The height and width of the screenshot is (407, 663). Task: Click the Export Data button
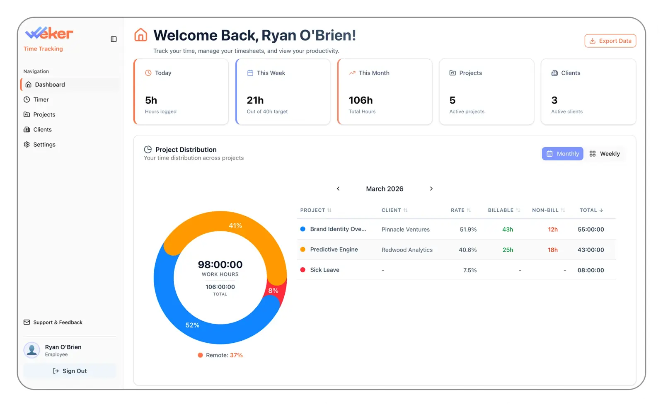610,41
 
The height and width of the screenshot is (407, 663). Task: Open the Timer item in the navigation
41,99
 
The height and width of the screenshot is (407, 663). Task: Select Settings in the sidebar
44,145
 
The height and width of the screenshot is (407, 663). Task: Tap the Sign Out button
70,371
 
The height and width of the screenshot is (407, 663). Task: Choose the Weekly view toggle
605,154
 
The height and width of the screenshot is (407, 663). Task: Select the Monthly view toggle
562,154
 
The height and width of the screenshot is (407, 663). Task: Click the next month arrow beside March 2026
431,189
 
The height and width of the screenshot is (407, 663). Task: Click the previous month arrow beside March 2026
338,189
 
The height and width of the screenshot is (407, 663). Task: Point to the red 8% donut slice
273,291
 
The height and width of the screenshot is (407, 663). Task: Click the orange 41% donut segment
235,225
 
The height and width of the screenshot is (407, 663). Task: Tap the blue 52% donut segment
192,325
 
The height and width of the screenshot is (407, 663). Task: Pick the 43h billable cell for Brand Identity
508,229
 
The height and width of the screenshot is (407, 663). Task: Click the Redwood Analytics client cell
407,250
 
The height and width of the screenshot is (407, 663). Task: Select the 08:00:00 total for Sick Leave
590,270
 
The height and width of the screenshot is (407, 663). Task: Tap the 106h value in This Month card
361,100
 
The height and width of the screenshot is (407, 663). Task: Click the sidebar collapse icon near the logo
114,39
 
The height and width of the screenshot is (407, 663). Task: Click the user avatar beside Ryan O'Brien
32,350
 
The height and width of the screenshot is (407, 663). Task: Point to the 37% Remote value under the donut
236,355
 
